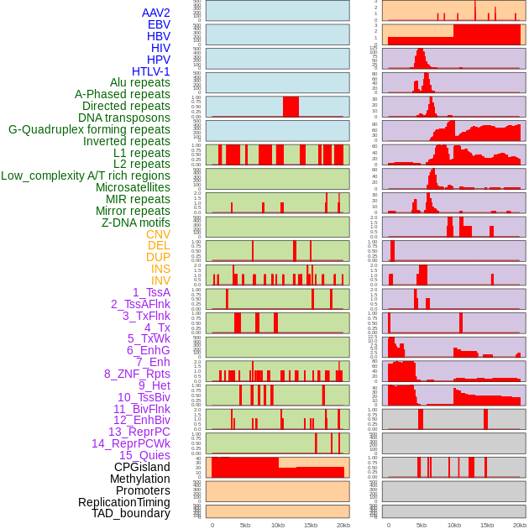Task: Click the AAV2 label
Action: click(x=155, y=13)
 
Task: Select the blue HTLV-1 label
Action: click(x=150, y=71)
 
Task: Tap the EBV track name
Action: click(x=159, y=24)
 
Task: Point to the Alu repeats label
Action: click(x=139, y=82)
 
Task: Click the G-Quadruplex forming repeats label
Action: click(x=89, y=129)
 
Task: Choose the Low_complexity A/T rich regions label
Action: click(x=85, y=175)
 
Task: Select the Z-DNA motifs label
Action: click(x=135, y=223)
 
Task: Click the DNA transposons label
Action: click(x=123, y=118)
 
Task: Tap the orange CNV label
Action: click(x=158, y=234)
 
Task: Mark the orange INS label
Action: click(x=160, y=269)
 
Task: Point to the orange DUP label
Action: click(x=158, y=257)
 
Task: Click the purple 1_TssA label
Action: click(x=151, y=292)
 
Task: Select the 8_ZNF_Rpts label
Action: click(x=137, y=374)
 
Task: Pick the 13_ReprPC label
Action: click(x=139, y=432)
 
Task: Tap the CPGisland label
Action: click(x=142, y=467)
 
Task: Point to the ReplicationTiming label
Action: click(x=123, y=502)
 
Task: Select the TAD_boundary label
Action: click(x=130, y=513)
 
